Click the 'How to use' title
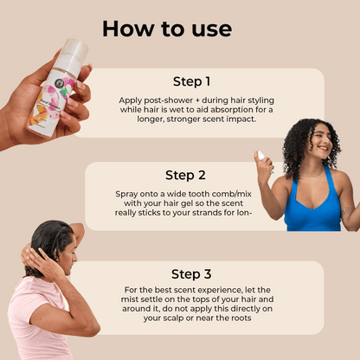[x=167, y=29]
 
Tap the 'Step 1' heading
[x=192, y=81]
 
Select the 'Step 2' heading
[x=185, y=175]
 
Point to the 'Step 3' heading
[x=191, y=274]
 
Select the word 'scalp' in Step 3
[x=172, y=318]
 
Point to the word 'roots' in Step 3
[x=241, y=318]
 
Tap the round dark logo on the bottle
[x=61, y=83]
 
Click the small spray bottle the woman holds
[x=265, y=160]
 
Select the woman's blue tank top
[x=312, y=203]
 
